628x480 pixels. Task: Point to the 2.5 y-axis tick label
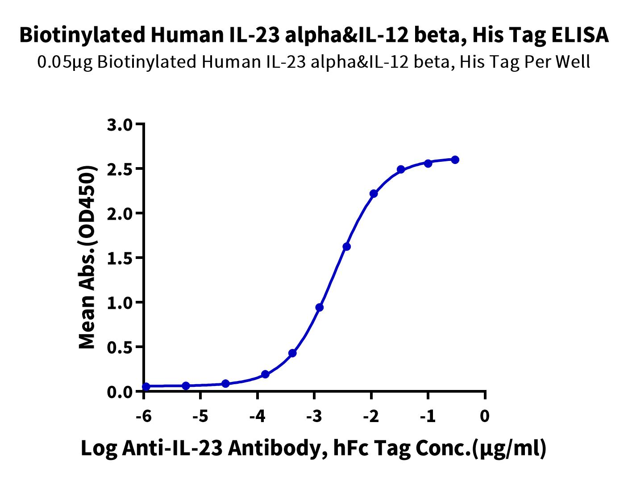[120, 170]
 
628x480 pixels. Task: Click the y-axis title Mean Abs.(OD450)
[87, 257]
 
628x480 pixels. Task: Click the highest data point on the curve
[455, 160]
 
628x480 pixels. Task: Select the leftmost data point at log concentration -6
[146, 386]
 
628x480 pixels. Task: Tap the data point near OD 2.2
[374, 193]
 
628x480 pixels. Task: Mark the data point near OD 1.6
[346, 246]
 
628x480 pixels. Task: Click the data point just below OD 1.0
[319, 308]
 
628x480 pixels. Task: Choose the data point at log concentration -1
[428, 164]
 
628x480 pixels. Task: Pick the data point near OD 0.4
[292, 353]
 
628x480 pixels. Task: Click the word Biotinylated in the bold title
[82, 35]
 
